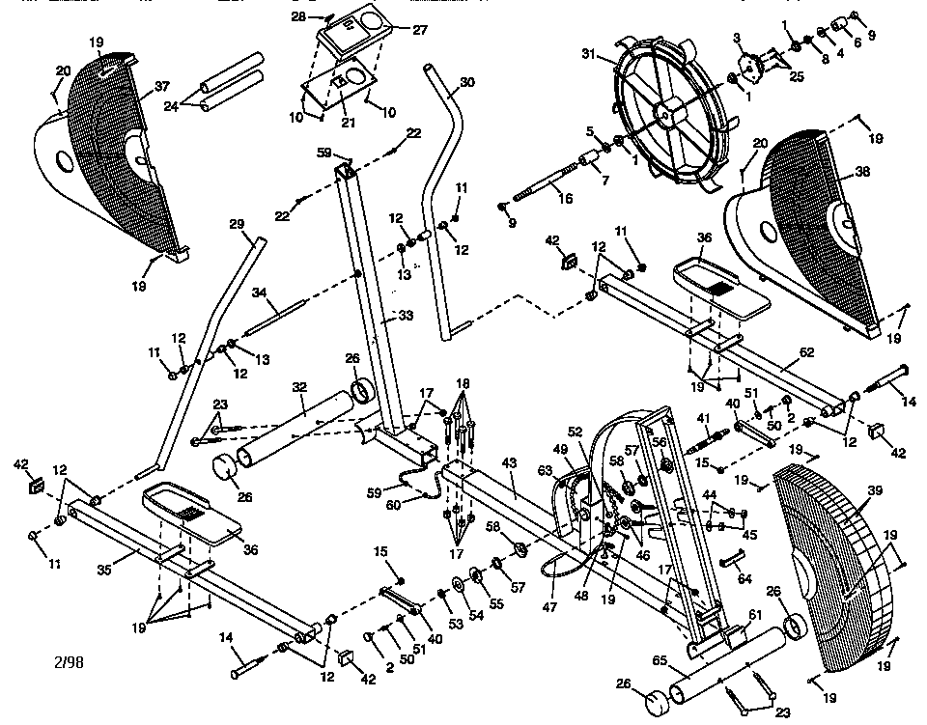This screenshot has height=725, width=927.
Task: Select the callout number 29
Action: (237, 225)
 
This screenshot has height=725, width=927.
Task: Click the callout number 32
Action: (299, 387)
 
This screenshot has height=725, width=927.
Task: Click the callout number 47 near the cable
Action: (550, 609)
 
